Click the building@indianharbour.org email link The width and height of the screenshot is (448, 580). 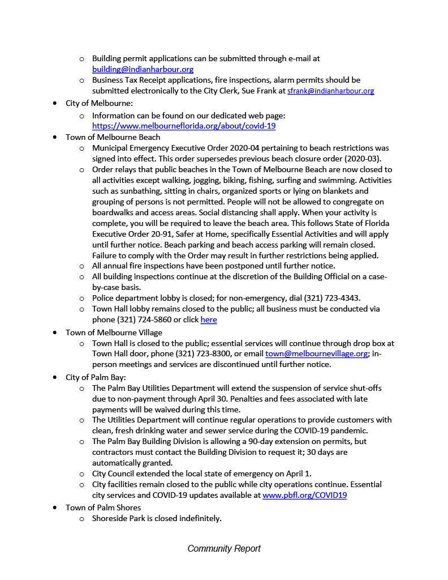tap(143, 69)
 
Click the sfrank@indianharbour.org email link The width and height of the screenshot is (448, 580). tap(330, 91)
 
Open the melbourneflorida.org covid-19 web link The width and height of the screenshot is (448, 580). tap(184, 126)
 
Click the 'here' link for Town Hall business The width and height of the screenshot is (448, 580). tap(209, 319)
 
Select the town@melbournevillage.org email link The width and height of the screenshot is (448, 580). tap(317, 353)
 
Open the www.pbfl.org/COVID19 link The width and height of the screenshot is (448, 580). tap(304, 495)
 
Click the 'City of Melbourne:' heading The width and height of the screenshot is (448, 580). tap(99, 103)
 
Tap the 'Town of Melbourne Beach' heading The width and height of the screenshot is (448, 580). tap(113, 137)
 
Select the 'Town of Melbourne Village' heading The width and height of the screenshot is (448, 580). tap(114, 332)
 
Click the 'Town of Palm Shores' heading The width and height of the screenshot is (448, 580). tap(103, 507)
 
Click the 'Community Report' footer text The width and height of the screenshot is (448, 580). tap(224, 548)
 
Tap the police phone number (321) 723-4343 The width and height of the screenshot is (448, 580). tap(332, 298)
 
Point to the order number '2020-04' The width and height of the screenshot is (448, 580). tap(245, 148)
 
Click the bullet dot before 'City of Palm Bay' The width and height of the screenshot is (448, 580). tap(54, 377)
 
